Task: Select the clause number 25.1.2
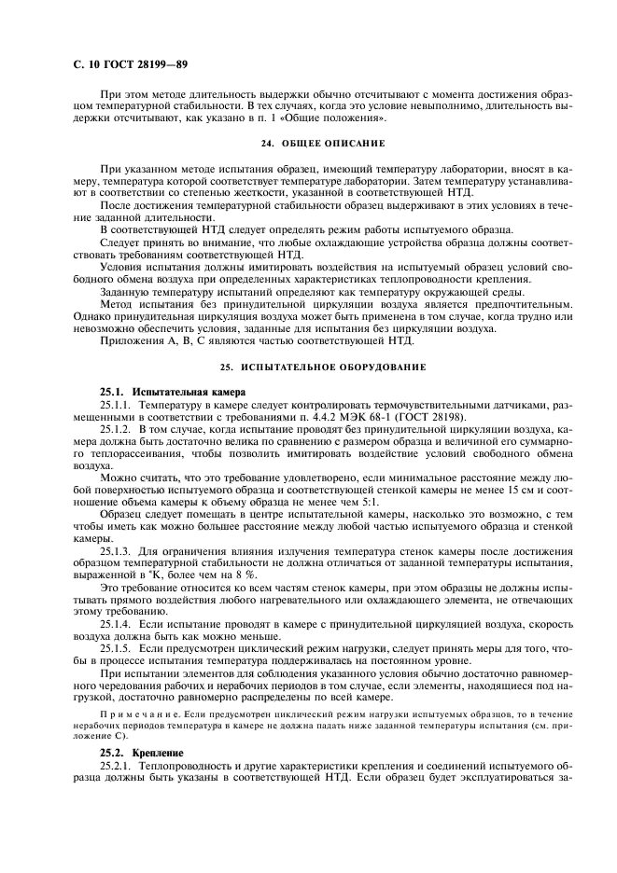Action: click(116, 428)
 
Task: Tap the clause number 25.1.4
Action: click(116, 622)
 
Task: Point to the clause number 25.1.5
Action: click(116, 646)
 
